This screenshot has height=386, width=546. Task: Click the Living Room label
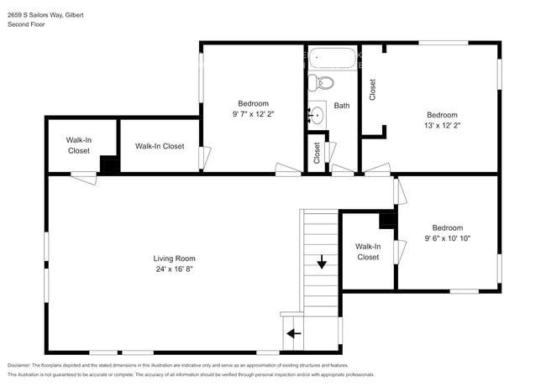[174, 258]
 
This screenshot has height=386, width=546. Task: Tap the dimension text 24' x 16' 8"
[174, 269]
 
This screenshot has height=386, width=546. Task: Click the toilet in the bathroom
[320, 82]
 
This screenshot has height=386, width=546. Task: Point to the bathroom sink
[317, 114]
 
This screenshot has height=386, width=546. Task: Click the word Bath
[342, 106]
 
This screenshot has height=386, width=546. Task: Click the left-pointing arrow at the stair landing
[293, 333]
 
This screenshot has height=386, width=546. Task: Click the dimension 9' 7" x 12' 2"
[253, 114]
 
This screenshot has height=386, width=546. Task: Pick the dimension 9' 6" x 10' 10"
[447, 238]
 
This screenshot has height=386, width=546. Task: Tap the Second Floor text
[26, 25]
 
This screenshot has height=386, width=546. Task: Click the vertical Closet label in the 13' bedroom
[372, 90]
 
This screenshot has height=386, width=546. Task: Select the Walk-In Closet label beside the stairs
[368, 252]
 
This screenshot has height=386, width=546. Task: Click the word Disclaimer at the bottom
[24, 365]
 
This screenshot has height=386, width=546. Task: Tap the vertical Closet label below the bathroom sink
[317, 153]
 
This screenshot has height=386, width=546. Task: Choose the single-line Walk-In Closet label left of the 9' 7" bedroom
[160, 146]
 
